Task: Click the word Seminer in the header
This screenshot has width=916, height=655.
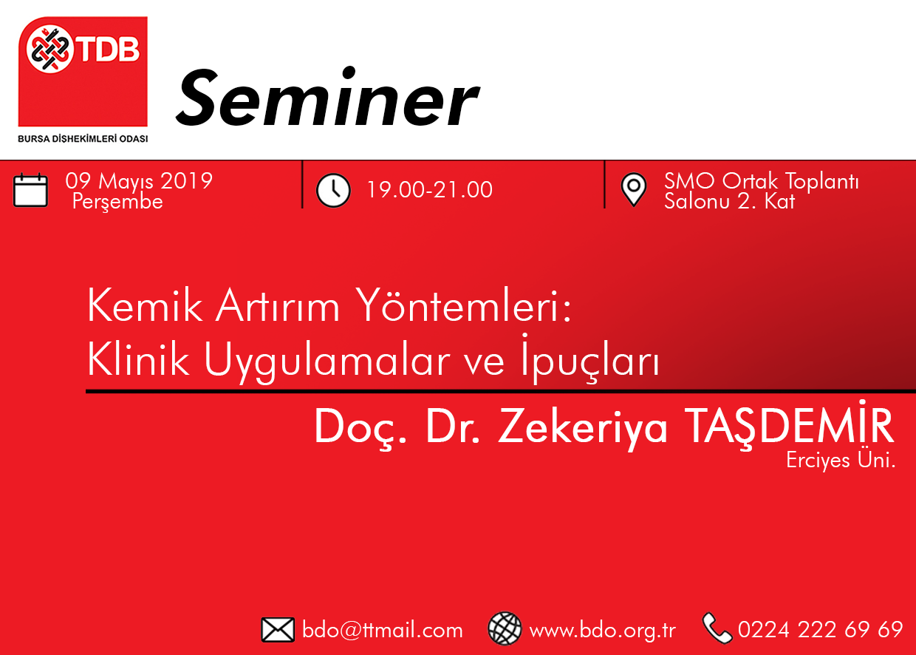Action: click(x=327, y=98)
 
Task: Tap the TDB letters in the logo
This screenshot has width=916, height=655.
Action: click(x=109, y=50)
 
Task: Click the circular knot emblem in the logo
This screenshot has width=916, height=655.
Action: click(x=49, y=49)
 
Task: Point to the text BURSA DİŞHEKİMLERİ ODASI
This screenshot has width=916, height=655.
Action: click(x=83, y=139)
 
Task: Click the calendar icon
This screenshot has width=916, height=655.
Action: click(x=31, y=190)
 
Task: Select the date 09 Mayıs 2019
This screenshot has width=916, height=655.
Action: click(x=139, y=181)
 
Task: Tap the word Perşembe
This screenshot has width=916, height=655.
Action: click(x=117, y=201)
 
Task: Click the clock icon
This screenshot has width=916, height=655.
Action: click(x=333, y=191)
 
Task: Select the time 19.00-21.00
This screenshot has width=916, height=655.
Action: click(x=429, y=190)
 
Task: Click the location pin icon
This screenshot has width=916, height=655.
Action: click(x=633, y=190)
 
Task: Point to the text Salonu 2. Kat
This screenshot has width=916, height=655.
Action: click(x=729, y=201)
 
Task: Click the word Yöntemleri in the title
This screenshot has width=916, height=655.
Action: click(x=463, y=305)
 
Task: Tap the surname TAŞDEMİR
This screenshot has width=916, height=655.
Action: click(x=789, y=426)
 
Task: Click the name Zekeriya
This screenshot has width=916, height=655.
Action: click(x=582, y=428)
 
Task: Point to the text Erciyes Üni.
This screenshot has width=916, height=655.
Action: click(x=841, y=461)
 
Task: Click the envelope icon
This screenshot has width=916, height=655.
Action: click(x=278, y=630)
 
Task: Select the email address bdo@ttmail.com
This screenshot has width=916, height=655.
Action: click(x=383, y=630)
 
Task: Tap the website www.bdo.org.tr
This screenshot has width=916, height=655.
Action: click(x=602, y=631)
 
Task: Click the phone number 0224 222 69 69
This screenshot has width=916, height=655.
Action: click(x=820, y=629)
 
